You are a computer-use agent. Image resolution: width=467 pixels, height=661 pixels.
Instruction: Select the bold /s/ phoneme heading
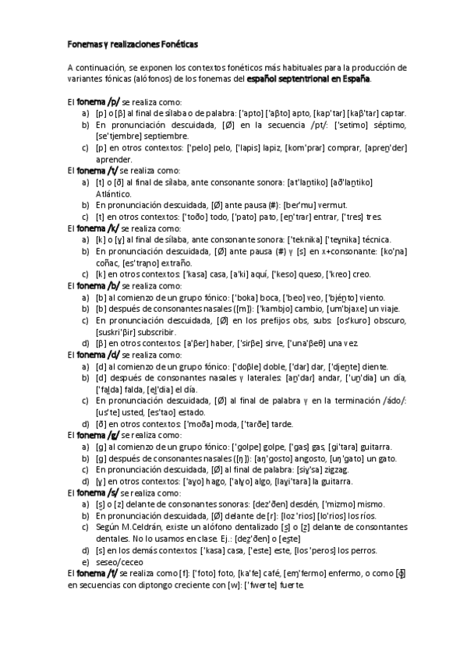pyautogui.click(x=114, y=493)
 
